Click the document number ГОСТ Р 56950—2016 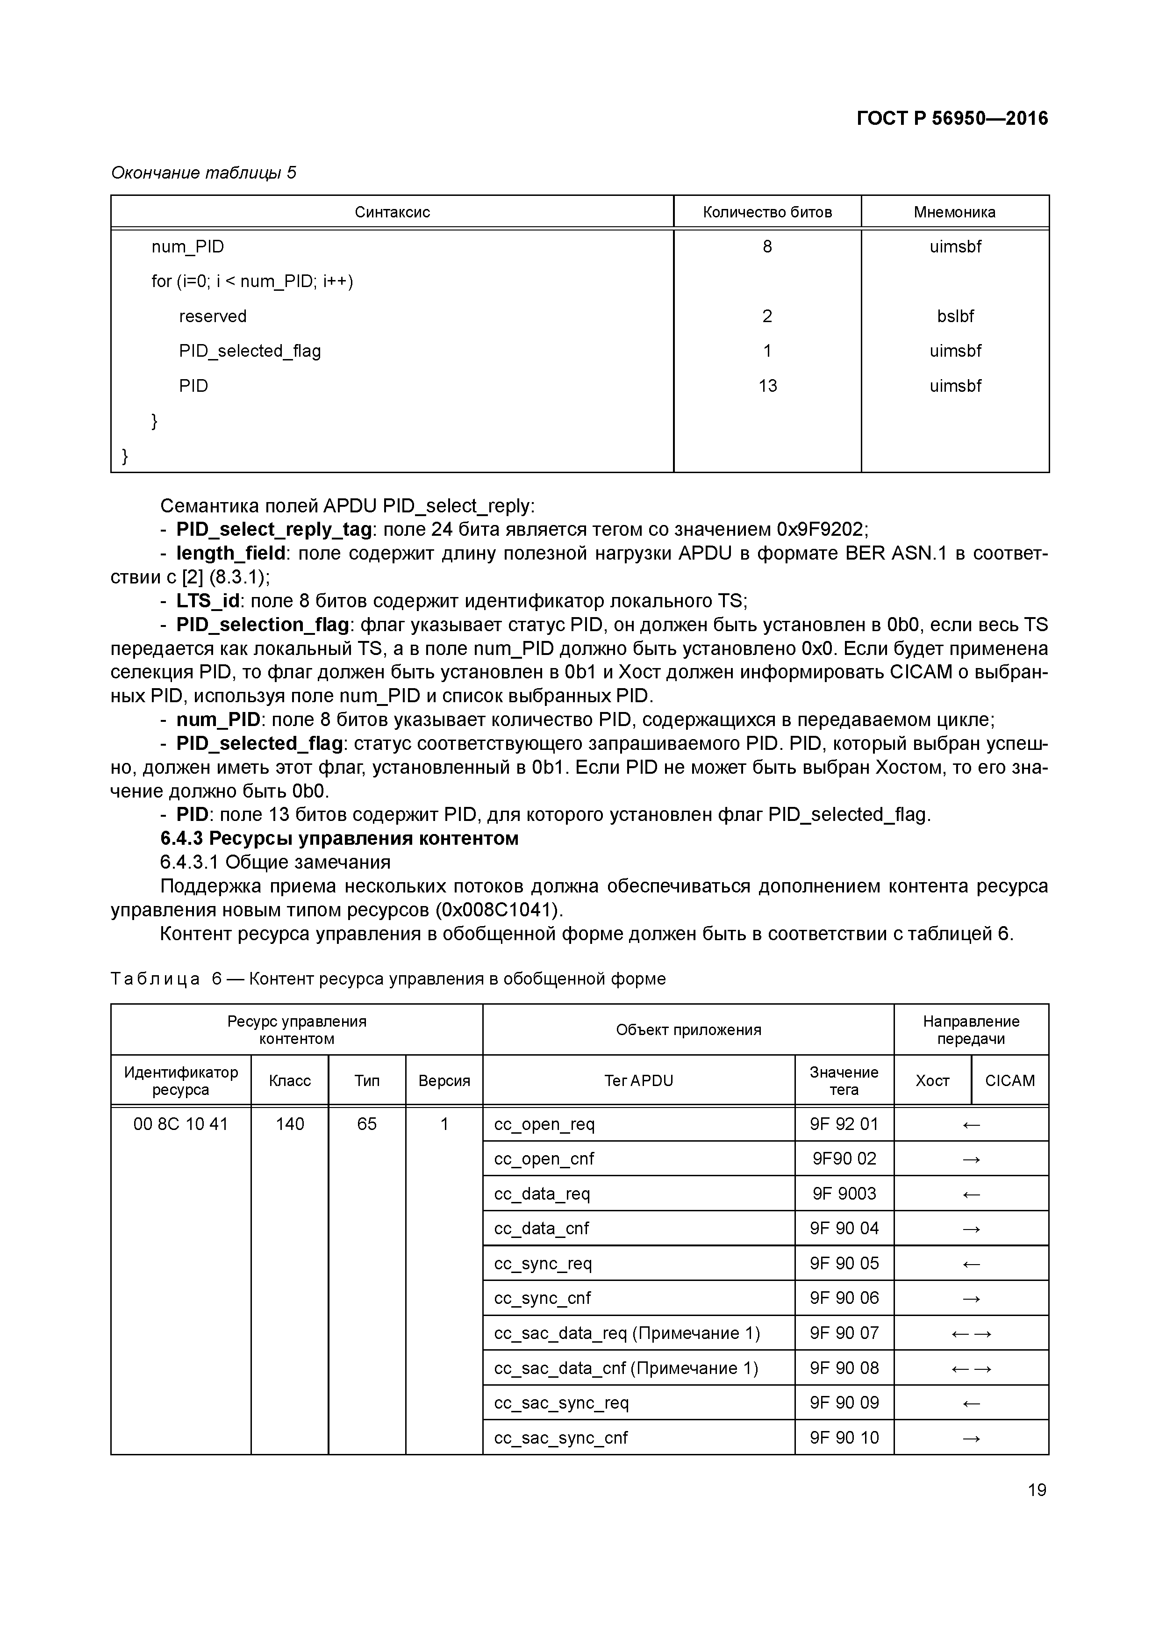pyautogui.click(x=952, y=119)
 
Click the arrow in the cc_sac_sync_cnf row pyautogui.click(x=971, y=1439)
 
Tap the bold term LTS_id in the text pyautogui.click(x=208, y=601)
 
